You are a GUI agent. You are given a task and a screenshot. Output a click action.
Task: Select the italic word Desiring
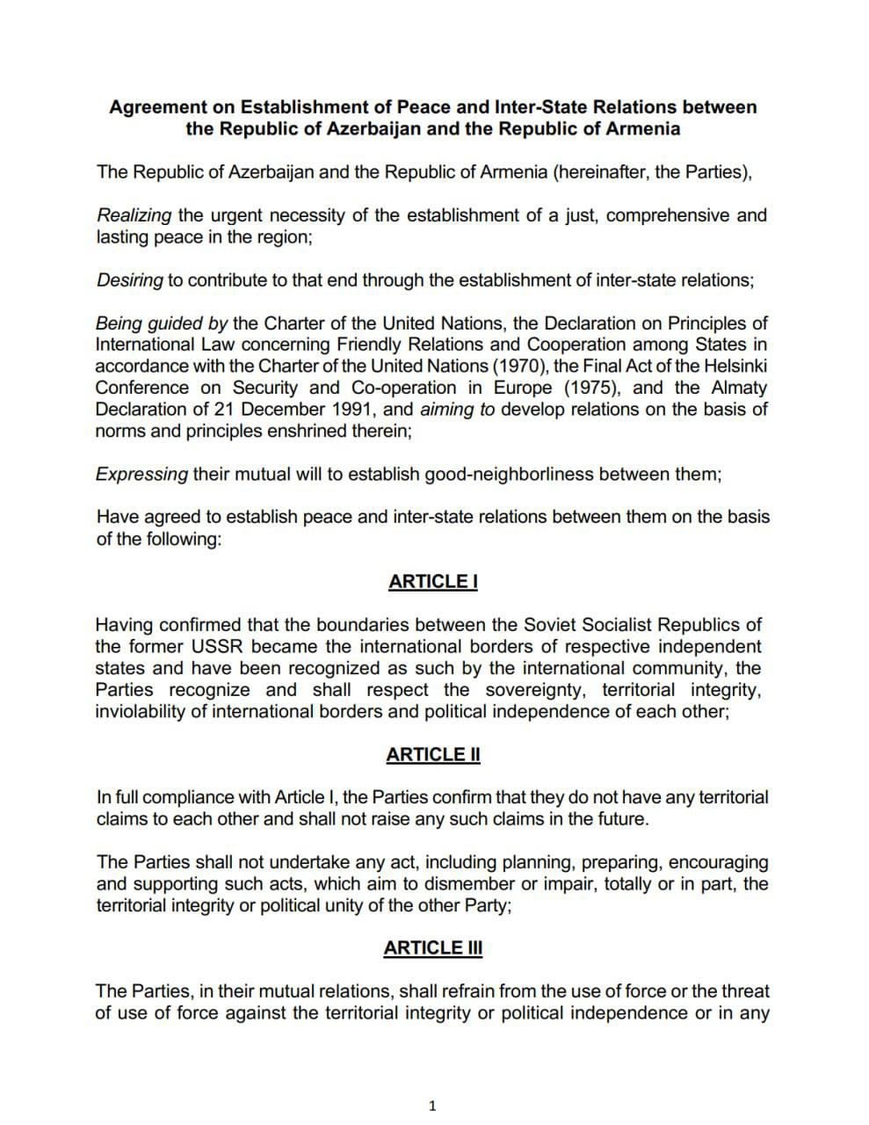coord(129,280)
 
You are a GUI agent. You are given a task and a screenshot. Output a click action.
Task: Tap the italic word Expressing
coord(141,475)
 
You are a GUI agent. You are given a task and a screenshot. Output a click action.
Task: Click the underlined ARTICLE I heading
coord(433,582)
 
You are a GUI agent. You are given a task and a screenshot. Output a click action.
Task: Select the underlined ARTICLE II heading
coord(433,755)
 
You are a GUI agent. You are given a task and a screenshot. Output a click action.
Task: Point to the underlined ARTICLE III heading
coord(433,948)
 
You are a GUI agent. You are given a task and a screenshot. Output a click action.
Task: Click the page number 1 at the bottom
coord(431,1106)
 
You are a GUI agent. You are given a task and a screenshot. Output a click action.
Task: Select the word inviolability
coord(139,712)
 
